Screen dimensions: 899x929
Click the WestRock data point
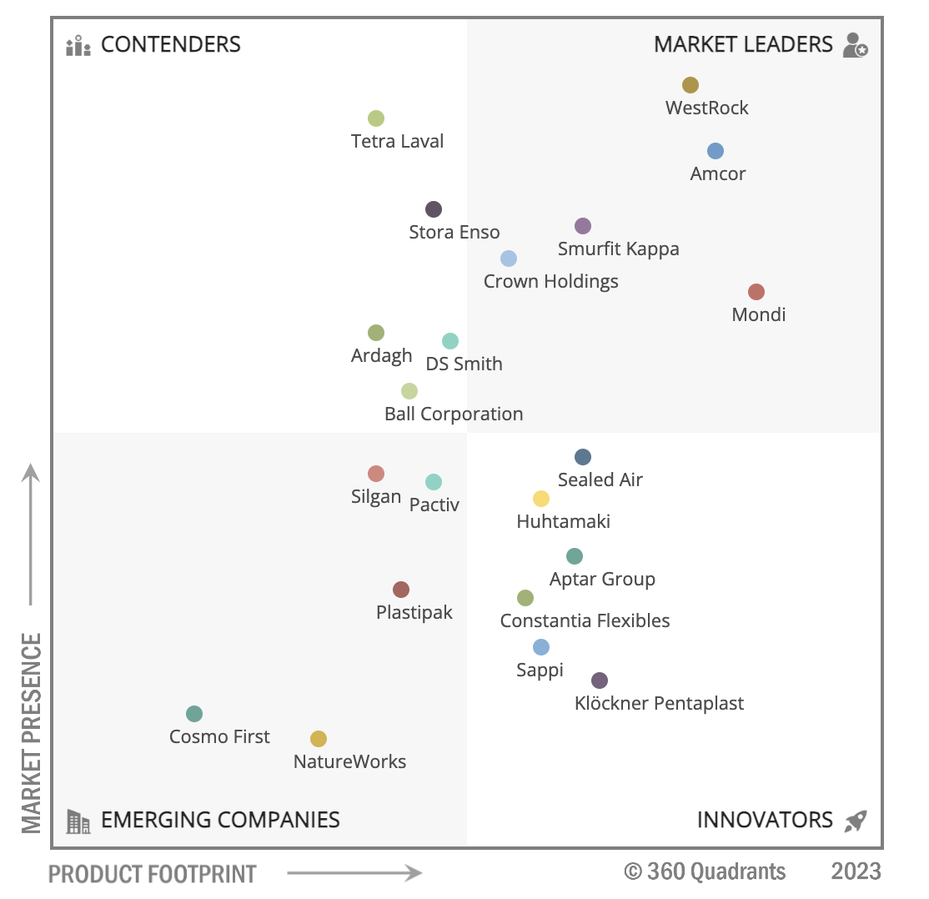[690, 85]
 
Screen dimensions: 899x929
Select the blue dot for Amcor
[716, 151]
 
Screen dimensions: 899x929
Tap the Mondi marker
[756, 292]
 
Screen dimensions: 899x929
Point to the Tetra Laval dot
[376, 118]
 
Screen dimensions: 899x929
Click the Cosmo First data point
[194, 714]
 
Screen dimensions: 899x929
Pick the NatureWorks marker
[319, 739]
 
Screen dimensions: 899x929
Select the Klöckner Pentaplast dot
[600, 681]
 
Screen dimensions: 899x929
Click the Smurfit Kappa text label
[618, 249]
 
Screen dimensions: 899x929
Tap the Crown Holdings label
[550, 281]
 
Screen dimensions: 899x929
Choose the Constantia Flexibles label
[585, 620]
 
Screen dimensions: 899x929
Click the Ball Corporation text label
[454, 414]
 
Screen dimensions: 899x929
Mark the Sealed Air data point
[583, 457]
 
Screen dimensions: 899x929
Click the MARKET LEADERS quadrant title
[743, 44]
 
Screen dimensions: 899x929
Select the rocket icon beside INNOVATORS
[856, 821]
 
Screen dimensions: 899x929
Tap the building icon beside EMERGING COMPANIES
[78, 821]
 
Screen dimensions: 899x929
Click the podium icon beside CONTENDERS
[78, 45]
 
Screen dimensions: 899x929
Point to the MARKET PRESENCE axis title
[32, 732]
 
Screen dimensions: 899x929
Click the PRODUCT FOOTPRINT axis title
[153, 874]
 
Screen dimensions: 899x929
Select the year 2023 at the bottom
[856, 871]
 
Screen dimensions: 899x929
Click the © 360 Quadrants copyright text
[705, 871]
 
